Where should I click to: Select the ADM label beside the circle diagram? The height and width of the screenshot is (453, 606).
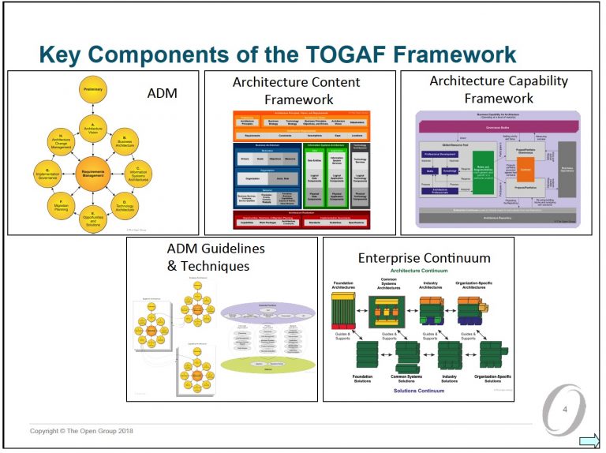tap(163, 93)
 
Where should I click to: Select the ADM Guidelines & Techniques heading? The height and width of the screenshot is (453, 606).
tap(208, 257)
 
